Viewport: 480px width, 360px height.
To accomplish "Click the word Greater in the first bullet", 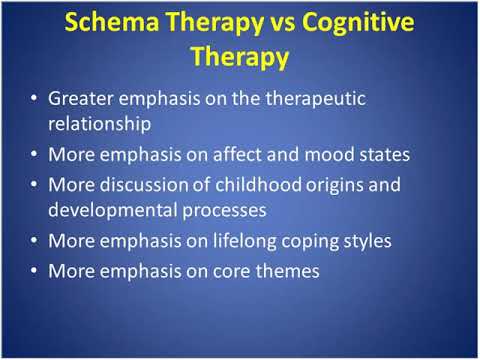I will tap(83, 100).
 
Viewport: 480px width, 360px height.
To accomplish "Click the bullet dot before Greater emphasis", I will tap(36, 100).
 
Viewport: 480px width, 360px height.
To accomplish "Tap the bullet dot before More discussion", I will tap(36, 185).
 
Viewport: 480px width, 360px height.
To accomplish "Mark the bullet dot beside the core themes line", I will tap(36, 270).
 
